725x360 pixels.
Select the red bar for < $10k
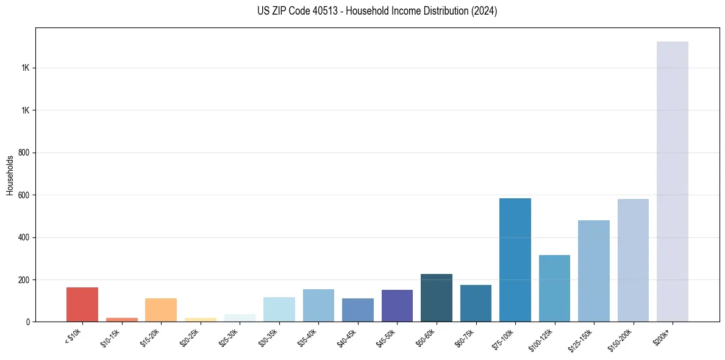click(82, 304)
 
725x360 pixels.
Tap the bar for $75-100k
click(515, 260)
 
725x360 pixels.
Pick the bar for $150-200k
click(633, 260)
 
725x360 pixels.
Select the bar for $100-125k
click(554, 288)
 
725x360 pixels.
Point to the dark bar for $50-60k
click(437, 298)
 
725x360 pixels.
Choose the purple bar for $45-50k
click(397, 306)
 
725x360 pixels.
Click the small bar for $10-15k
click(122, 319)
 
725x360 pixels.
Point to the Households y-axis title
click(10, 175)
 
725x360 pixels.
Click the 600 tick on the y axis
click(24, 195)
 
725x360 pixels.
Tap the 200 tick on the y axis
click(24, 279)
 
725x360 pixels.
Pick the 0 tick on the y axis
click(28, 322)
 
